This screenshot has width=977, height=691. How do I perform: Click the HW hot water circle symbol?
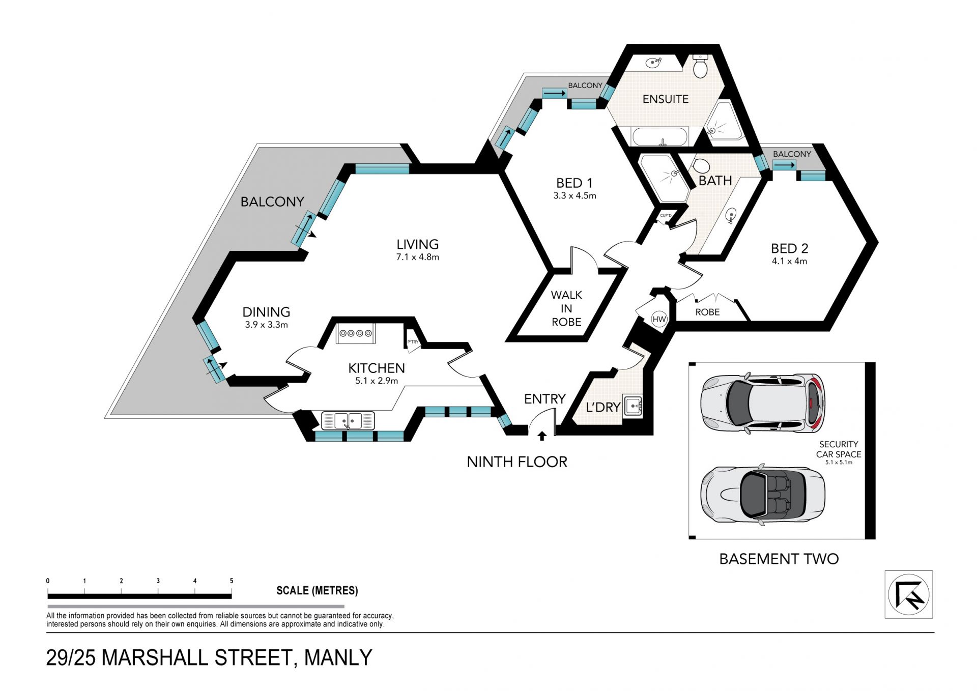click(659, 320)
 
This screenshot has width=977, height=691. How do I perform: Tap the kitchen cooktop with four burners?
click(355, 333)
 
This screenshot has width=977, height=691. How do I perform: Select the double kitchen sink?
click(348, 421)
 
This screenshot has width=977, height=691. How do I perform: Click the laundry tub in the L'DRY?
click(633, 406)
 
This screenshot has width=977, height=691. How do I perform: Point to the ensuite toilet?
click(701, 67)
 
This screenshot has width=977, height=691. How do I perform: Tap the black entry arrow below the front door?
click(542, 436)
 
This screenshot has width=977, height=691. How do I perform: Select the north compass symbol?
click(909, 594)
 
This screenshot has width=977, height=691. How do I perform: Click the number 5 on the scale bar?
click(232, 581)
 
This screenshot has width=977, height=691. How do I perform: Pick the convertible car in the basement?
click(763, 494)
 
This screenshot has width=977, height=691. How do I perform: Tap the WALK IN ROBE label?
click(566, 308)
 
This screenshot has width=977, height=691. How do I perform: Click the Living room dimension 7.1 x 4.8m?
click(417, 257)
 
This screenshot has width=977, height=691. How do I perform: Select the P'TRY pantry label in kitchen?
click(413, 342)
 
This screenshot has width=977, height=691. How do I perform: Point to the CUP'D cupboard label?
click(666, 216)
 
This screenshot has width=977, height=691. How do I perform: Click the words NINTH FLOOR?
click(517, 462)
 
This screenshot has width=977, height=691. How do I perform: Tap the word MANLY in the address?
click(338, 658)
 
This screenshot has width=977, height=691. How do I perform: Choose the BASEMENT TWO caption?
click(779, 559)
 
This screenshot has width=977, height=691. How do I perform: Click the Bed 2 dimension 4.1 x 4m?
click(789, 262)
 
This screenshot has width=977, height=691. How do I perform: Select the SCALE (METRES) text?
click(317, 591)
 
